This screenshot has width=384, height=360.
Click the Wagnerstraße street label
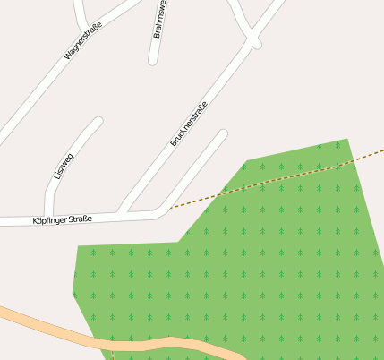[84, 41]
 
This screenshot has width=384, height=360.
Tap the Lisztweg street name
[64, 165]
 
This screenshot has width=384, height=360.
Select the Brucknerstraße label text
[189, 124]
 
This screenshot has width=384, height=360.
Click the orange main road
[134, 344]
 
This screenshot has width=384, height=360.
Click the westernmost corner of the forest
[73, 292]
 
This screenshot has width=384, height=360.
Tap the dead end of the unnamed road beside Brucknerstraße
[223, 135]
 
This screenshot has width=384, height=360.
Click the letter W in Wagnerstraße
[67, 56]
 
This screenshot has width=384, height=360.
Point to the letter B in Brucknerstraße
[172, 144]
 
